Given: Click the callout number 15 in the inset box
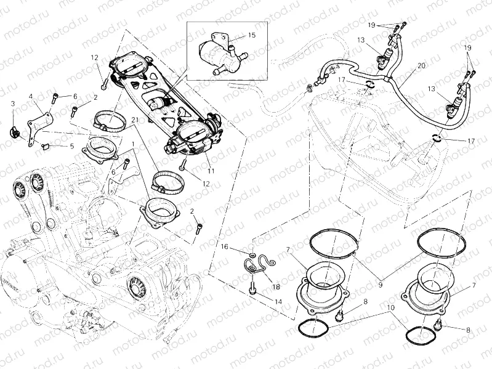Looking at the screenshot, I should click(x=251, y=35).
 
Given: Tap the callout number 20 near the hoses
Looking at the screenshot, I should click(x=421, y=65).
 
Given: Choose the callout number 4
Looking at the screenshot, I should click(x=30, y=96).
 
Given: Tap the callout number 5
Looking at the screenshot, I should click(x=71, y=147).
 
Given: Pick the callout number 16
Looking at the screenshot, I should click(x=225, y=246).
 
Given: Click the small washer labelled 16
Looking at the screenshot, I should click(x=253, y=254).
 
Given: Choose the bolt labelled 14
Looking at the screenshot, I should click(x=252, y=288).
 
